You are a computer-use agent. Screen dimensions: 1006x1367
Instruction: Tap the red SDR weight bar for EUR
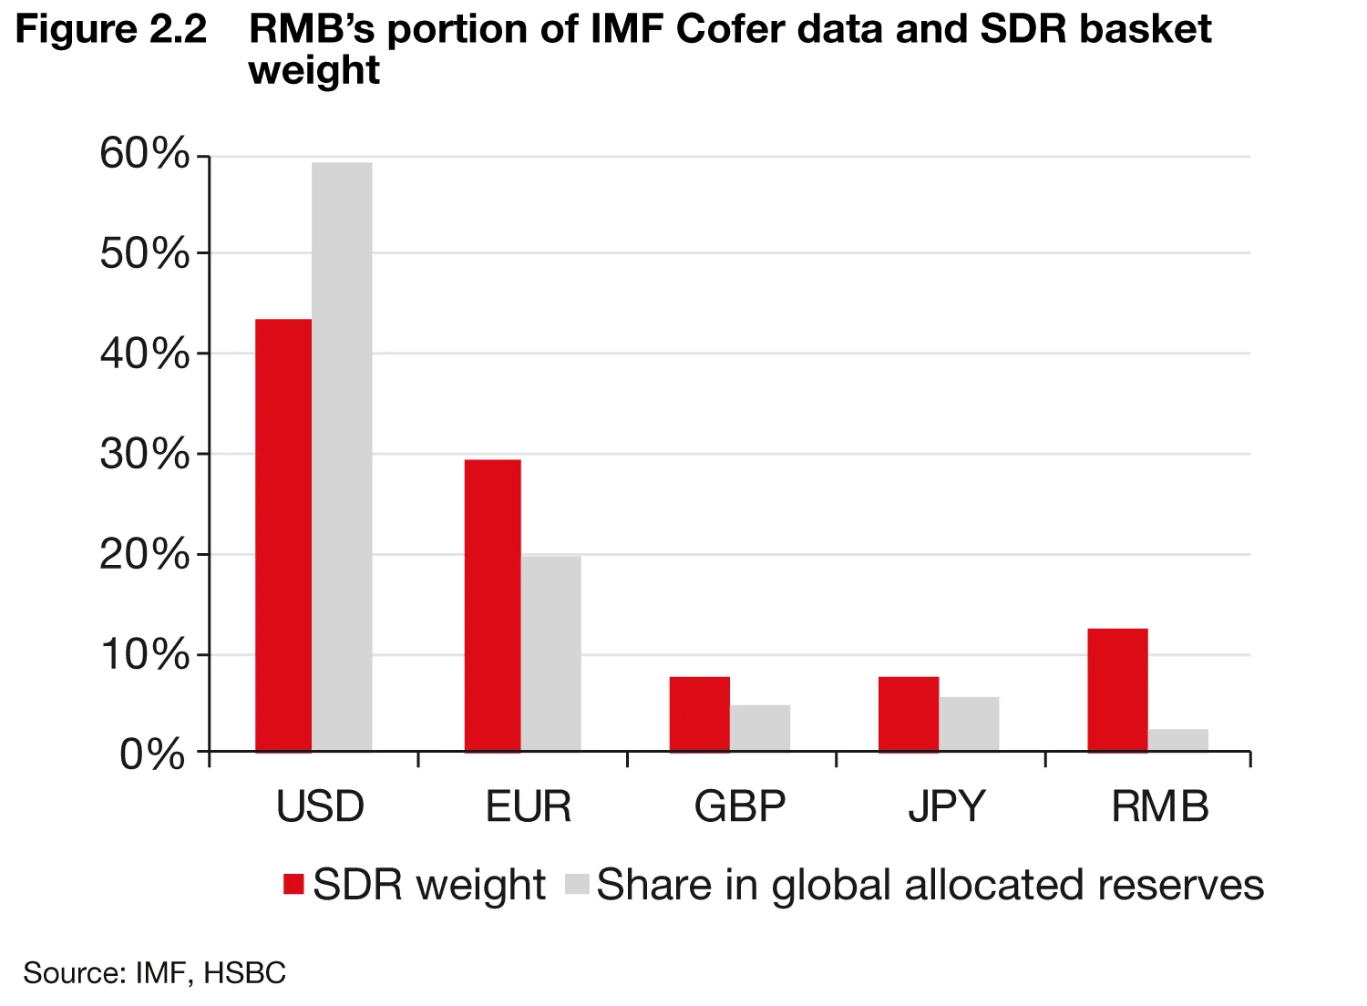tap(492, 606)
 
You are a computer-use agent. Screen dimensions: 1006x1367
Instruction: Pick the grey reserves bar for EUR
tap(550, 654)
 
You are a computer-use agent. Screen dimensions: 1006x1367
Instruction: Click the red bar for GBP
tap(699, 714)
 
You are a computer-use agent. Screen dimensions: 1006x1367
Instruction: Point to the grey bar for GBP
tap(759, 728)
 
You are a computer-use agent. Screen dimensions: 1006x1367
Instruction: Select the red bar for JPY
tap(908, 714)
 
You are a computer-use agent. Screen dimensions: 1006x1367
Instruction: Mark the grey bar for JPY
tap(969, 724)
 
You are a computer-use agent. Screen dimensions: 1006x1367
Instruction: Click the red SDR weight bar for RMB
tap(1117, 690)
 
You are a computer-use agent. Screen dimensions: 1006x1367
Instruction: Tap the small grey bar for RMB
tap(1177, 740)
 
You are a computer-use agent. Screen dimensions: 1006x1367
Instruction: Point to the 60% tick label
tap(145, 154)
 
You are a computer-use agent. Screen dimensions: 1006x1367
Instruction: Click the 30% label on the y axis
tap(145, 454)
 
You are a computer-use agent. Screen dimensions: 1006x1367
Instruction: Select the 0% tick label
tap(152, 754)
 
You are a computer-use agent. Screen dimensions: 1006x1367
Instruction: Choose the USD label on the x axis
tap(320, 806)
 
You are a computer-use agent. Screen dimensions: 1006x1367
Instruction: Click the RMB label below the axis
tap(1159, 806)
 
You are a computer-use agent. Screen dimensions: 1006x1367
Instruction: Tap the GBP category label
tap(739, 806)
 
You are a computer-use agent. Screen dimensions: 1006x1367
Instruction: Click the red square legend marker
tap(293, 885)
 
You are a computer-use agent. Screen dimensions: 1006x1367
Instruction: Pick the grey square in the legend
tap(578, 885)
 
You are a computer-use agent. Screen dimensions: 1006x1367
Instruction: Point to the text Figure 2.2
tap(111, 30)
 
